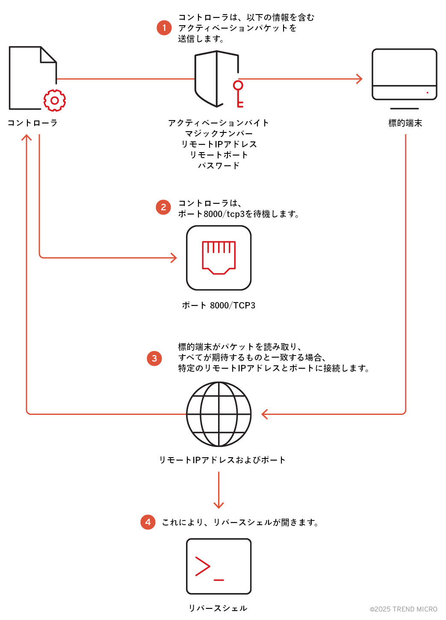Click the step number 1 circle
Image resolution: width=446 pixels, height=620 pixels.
click(164, 28)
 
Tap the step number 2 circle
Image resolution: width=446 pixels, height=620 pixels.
click(163, 207)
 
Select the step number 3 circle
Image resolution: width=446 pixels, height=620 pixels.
click(154, 358)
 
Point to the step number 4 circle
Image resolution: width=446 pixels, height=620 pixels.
click(148, 522)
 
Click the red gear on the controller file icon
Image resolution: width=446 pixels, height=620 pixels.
click(55, 101)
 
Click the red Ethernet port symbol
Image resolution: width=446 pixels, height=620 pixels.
click(219, 257)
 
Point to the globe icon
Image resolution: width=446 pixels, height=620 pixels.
click(219, 414)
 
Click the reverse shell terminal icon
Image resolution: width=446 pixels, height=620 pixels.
click(219, 566)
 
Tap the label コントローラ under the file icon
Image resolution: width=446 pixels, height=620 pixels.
click(32, 123)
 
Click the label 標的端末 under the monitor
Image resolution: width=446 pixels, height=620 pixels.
click(405, 123)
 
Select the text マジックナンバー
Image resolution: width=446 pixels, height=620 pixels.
click(219, 134)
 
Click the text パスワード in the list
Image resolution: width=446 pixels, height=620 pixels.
click(219, 166)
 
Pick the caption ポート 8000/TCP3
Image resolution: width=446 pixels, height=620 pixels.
click(219, 306)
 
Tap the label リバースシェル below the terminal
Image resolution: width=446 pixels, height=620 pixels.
click(218, 608)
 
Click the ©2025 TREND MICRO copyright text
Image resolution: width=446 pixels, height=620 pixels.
click(403, 609)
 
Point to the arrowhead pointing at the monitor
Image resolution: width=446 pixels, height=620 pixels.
click(360, 79)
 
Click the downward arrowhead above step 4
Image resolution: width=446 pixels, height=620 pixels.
click(219, 505)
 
